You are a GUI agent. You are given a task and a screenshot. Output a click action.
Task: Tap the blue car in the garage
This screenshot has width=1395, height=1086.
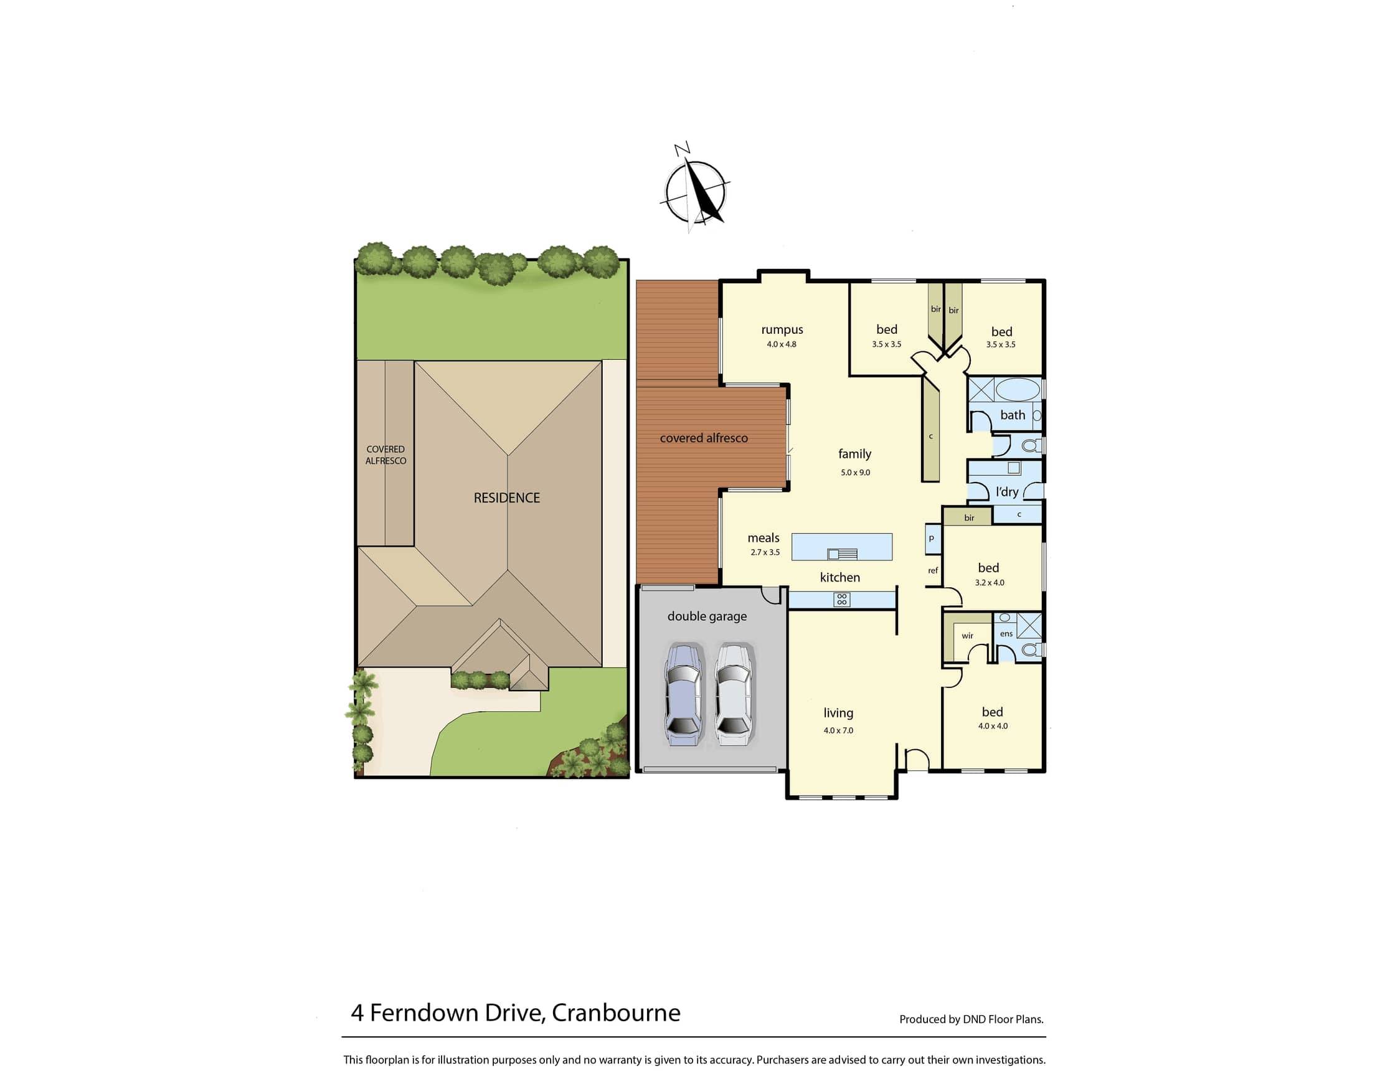(683, 695)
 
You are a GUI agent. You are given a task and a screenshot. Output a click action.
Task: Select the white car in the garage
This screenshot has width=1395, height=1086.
(734, 695)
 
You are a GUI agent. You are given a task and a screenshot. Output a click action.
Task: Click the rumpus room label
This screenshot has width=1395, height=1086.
(782, 329)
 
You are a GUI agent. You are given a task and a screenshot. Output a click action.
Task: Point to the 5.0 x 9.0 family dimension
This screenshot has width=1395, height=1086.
(855, 473)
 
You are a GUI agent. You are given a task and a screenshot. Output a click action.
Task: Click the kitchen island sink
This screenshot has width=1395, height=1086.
(842, 554)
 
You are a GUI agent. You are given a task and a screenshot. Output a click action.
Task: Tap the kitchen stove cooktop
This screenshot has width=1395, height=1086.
(842, 599)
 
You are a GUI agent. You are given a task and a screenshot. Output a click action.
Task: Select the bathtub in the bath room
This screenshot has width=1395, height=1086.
(1018, 389)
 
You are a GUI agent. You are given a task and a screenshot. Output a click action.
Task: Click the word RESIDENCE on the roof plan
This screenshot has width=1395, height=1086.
(506, 498)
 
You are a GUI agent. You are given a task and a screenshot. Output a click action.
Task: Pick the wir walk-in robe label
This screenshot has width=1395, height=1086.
(967, 636)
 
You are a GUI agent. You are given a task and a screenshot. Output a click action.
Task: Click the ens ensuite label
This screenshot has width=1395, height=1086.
(1006, 634)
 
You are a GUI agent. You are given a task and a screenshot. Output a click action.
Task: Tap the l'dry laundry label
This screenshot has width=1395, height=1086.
(1006, 491)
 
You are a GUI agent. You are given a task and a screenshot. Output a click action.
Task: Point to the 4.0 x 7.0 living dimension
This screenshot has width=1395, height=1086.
(838, 730)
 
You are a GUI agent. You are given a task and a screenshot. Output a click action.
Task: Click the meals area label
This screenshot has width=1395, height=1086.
(764, 538)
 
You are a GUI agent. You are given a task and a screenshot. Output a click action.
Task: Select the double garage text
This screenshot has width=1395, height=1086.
(707, 616)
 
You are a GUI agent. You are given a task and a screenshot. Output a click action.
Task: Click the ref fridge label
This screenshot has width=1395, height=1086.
(932, 570)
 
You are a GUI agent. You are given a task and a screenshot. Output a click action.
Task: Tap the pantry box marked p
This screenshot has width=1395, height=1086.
(932, 539)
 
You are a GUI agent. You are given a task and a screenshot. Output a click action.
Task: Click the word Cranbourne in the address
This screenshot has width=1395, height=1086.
(616, 1013)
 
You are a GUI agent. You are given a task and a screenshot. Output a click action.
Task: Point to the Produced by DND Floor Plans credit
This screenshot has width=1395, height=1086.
(972, 1019)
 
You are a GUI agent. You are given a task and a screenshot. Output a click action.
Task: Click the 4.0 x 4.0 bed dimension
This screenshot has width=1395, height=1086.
(993, 725)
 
